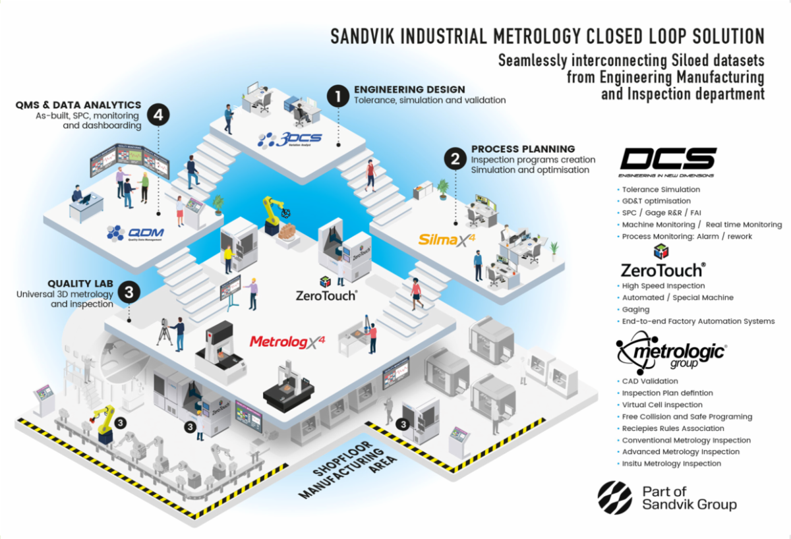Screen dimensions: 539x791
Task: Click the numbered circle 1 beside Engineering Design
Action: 338,96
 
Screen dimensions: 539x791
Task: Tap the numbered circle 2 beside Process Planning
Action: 454,158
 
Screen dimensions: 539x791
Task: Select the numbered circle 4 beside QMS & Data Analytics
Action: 158,115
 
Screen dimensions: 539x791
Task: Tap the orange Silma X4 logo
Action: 447,239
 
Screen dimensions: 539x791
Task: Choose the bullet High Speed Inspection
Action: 663,286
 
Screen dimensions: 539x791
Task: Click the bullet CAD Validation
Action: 650,381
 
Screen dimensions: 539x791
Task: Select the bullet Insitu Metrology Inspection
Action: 672,463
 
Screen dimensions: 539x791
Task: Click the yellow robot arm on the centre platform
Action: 270,212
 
